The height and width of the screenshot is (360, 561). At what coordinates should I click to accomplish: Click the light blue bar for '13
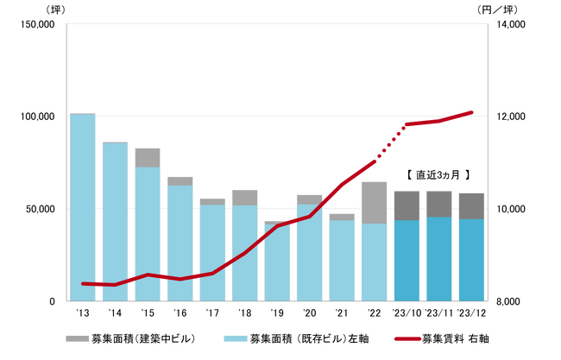[82, 207]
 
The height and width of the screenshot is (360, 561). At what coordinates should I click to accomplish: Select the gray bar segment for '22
[374, 202]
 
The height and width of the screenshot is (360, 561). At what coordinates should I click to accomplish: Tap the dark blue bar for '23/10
[407, 261]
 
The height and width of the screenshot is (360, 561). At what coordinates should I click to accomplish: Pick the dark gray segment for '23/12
[471, 205]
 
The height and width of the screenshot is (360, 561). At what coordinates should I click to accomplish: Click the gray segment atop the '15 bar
[147, 157]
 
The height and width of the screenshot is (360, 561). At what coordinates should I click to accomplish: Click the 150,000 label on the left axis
[36, 25]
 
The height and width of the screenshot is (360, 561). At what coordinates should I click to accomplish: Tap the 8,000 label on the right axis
[509, 301]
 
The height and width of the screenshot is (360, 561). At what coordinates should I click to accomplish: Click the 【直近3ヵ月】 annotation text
[437, 174]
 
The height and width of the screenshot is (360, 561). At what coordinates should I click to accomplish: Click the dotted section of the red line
[389, 142]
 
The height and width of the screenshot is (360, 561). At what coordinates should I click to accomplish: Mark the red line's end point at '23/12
[471, 112]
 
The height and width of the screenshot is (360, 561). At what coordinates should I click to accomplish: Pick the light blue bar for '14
[115, 222]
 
